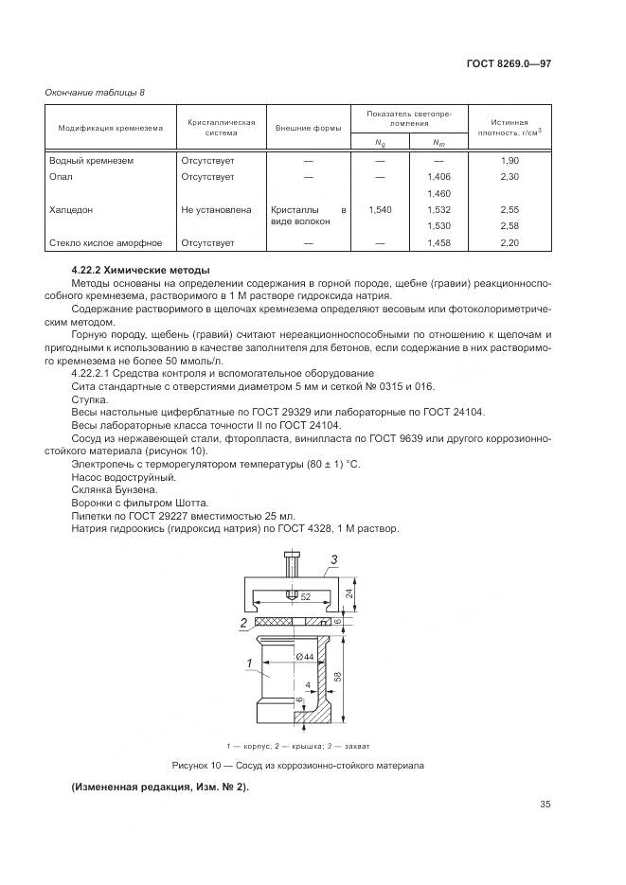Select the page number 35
(x=544, y=805)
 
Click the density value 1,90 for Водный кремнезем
(x=510, y=161)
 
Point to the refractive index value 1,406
(x=438, y=177)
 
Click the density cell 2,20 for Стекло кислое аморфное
(x=510, y=243)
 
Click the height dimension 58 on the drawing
(x=338, y=678)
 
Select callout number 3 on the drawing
(x=333, y=560)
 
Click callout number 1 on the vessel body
(x=249, y=663)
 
